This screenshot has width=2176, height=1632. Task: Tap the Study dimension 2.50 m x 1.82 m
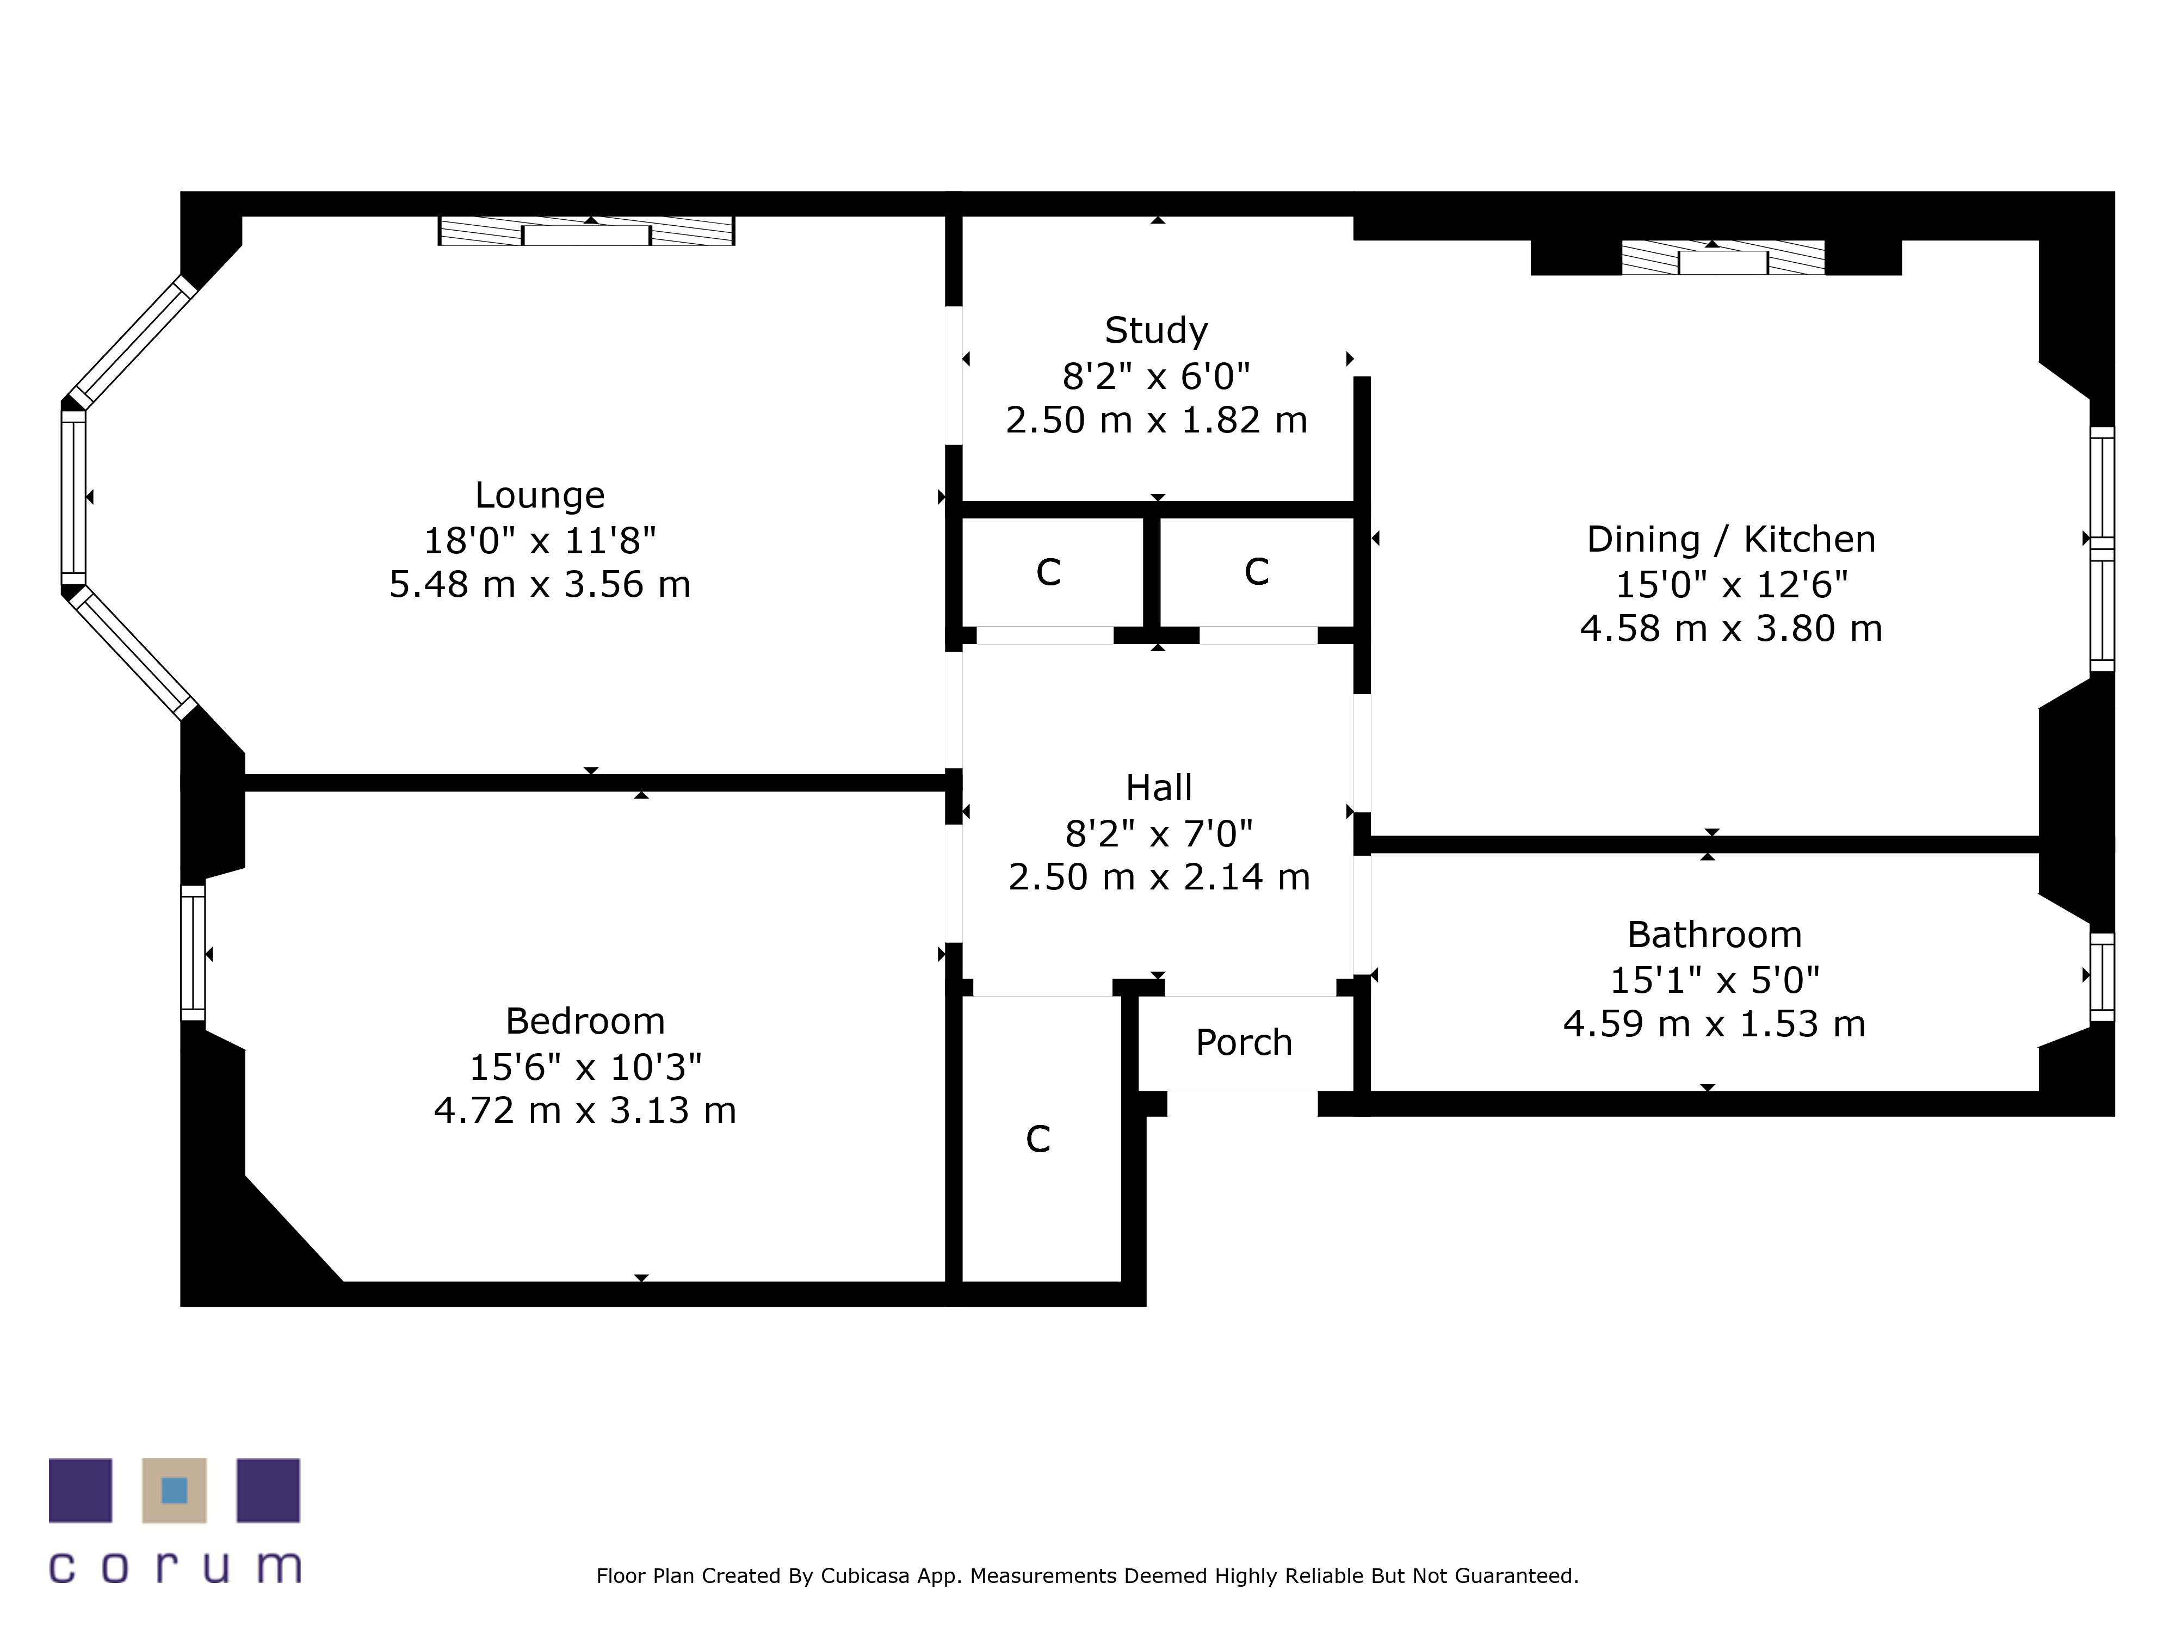click(1156, 420)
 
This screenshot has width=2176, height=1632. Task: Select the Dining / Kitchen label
click(1730, 539)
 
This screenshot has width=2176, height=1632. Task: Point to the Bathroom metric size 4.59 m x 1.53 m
click(1714, 1024)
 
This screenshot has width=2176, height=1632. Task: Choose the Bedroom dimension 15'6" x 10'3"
click(585, 1066)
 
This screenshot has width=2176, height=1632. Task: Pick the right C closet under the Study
click(1256, 572)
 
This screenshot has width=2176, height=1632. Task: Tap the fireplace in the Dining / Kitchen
click(1722, 259)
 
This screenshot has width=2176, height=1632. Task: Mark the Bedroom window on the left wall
click(193, 952)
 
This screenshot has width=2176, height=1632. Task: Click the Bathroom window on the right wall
click(2101, 976)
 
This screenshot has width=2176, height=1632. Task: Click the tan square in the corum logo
click(174, 1491)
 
